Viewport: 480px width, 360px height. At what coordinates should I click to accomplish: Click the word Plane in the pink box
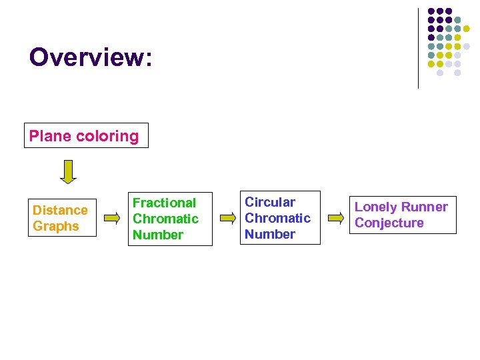pos(49,136)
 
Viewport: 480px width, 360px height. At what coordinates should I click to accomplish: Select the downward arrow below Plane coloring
pos(68,171)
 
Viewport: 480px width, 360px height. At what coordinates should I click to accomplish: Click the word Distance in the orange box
pos(60,210)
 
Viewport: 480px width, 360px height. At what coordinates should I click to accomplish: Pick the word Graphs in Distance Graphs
pos(56,226)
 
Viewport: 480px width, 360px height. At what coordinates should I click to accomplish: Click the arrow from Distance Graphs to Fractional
pos(113,217)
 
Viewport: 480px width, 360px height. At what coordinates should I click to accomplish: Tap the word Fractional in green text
pos(164,203)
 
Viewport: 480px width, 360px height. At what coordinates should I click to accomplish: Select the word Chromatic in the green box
pos(165,219)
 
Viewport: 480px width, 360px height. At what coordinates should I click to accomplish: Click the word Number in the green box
pos(157,235)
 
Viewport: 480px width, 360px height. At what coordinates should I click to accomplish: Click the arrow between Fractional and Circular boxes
pos(228,217)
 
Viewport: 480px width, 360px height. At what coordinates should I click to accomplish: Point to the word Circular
pos(269,202)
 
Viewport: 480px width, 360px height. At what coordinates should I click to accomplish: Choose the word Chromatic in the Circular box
pos(277,218)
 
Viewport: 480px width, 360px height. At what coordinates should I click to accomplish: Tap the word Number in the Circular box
pos(269,234)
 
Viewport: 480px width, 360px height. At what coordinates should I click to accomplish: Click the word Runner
pos(424,207)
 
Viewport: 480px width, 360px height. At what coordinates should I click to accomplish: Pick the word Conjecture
pos(389,223)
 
